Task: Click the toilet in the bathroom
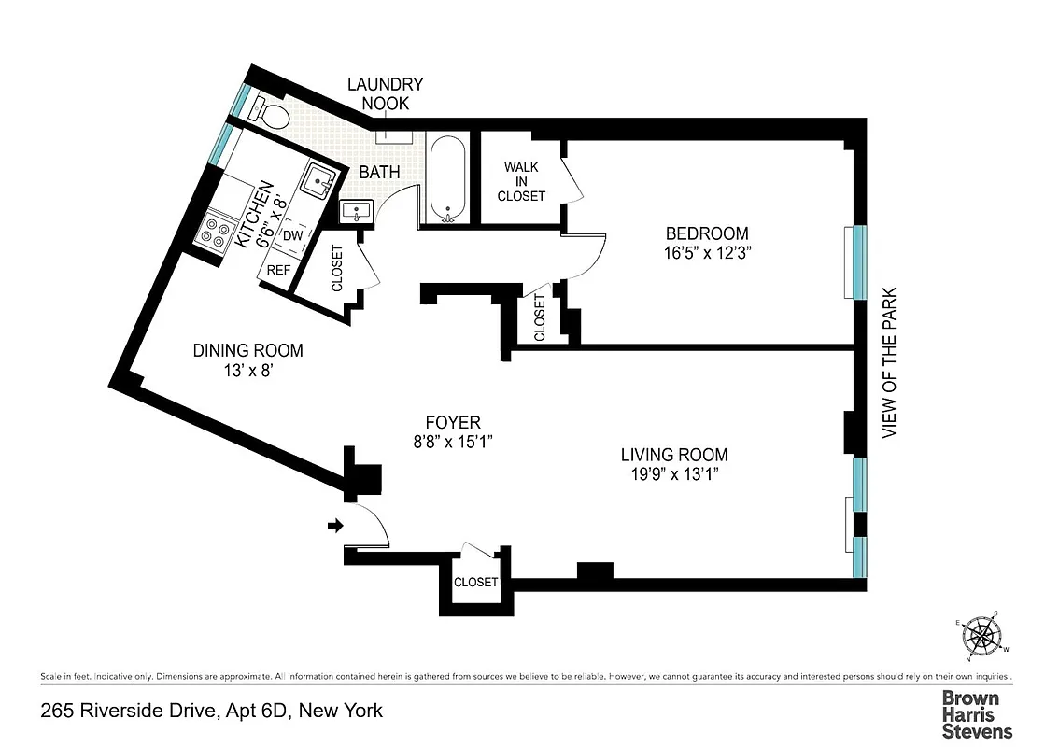(x=271, y=114)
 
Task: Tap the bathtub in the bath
(x=448, y=179)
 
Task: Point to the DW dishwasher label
(x=292, y=235)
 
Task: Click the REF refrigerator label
(x=278, y=269)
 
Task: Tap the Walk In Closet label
(x=520, y=181)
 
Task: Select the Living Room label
(x=674, y=455)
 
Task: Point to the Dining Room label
(x=247, y=350)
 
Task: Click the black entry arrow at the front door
(x=334, y=527)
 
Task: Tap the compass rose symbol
(x=982, y=638)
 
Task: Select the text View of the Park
(x=889, y=362)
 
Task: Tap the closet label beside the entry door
(x=475, y=582)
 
